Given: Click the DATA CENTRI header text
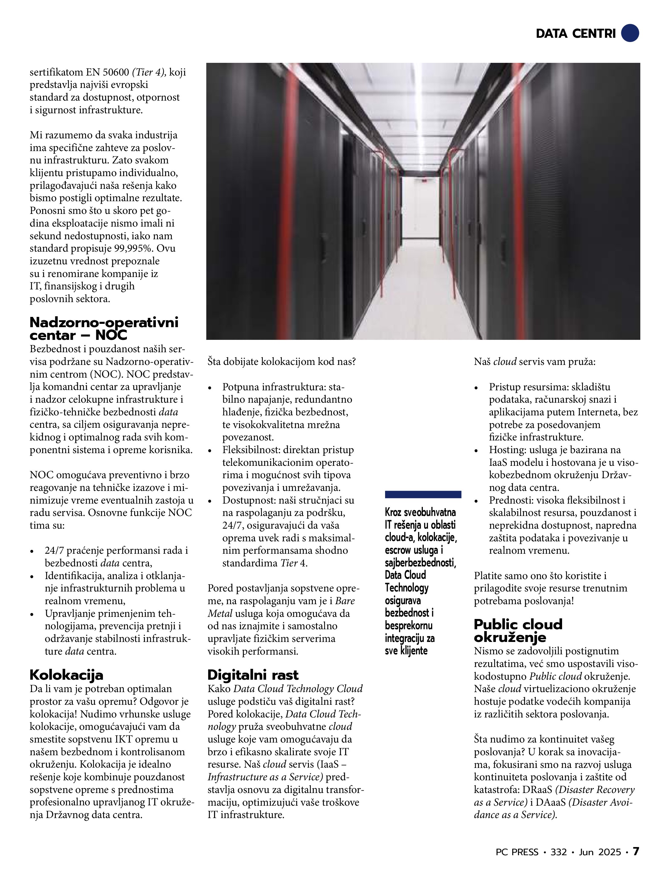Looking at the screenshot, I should click(x=576, y=34).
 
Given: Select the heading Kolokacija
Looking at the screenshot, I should click(x=66, y=675).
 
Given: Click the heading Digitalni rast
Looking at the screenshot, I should click(x=253, y=675).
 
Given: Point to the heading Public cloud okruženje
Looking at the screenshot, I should click(x=518, y=631).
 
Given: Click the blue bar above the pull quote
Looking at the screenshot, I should click(x=423, y=494).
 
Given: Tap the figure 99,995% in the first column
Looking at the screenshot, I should click(x=133, y=248).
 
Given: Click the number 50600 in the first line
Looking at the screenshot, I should click(x=116, y=72).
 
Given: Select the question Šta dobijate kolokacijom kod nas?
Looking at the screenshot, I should click(x=281, y=362).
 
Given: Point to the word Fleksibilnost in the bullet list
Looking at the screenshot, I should click(x=251, y=450).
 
